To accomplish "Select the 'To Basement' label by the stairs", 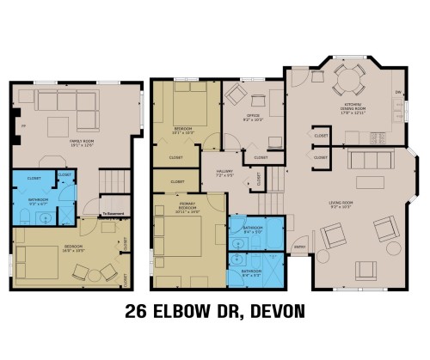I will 112,212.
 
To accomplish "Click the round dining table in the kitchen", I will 344,83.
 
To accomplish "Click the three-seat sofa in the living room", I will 368,160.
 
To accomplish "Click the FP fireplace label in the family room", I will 22,125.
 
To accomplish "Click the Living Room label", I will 342,204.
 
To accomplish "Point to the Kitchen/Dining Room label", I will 348,108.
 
